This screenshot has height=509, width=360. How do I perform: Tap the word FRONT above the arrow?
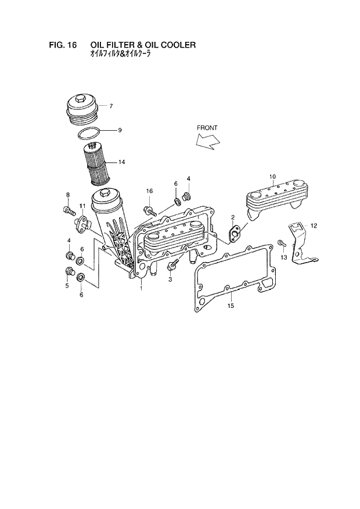[207, 127]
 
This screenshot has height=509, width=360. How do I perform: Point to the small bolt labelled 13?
[282, 243]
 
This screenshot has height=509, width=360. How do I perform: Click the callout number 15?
[230, 306]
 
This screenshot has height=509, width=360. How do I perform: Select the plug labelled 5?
[69, 271]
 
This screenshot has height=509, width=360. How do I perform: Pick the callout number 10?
[272, 176]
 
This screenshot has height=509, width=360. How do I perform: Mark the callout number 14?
[121, 162]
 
